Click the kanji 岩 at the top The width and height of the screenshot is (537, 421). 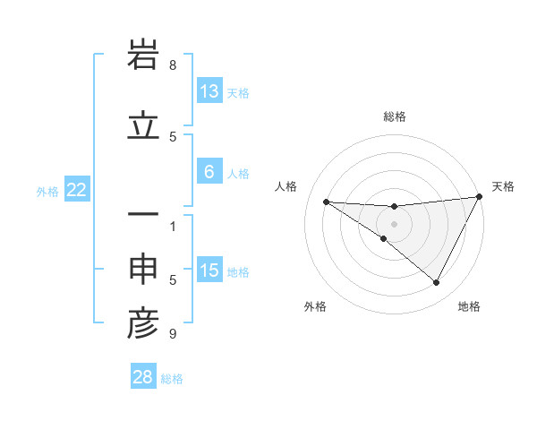point(143,56)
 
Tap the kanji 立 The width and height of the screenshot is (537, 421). point(143,126)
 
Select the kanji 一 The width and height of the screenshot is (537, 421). point(143,215)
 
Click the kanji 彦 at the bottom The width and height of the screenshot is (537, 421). point(143,324)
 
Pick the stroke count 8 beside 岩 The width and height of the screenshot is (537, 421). point(173,65)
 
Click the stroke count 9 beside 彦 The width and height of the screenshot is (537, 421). point(173,334)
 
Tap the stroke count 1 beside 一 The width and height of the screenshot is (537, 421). point(173,226)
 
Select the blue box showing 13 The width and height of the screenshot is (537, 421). point(209,91)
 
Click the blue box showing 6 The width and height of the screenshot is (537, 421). point(209,172)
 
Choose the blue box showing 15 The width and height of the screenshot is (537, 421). point(209,271)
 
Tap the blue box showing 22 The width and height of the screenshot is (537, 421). point(77,189)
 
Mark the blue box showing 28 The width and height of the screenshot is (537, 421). point(143,377)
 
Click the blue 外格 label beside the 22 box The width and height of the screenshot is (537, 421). point(47,191)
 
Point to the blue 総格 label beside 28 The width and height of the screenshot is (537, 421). point(173,379)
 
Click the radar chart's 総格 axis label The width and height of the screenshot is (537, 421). point(394,116)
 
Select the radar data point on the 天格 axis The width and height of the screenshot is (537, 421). point(481,197)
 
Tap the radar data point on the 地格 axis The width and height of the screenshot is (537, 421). point(437,283)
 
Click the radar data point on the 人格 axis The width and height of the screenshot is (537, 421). point(326,202)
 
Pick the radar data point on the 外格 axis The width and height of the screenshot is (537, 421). point(383,239)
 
